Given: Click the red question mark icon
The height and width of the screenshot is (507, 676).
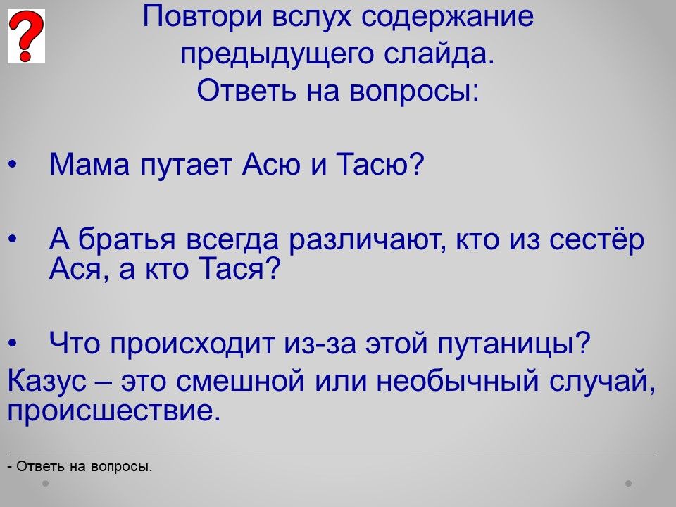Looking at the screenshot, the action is (26, 36).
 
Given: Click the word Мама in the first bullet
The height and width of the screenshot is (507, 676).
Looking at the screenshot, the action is (89, 164).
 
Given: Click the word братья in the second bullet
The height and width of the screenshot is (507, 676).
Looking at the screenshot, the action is (127, 239).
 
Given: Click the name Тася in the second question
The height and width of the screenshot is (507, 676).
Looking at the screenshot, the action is (234, 268).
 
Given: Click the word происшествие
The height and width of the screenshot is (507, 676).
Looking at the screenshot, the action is (110, 412).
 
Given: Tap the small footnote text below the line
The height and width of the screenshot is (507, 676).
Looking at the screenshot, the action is (80, 466).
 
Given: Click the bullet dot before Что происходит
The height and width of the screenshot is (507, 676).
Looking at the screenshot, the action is (13, 344).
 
